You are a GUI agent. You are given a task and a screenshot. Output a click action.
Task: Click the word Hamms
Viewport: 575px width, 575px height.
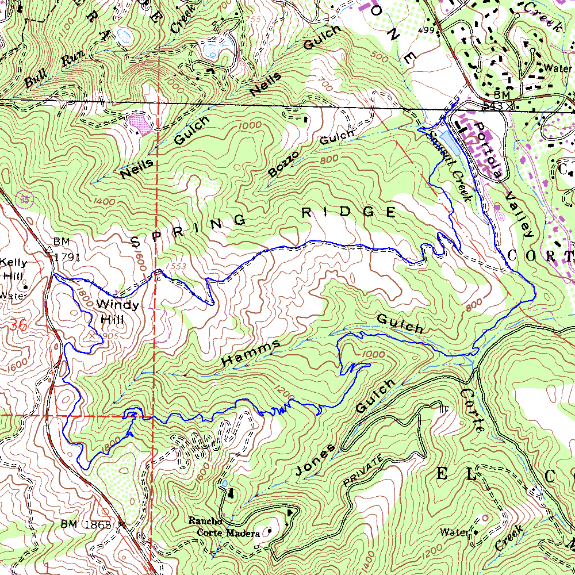pyautogui.click(x=251, y=353)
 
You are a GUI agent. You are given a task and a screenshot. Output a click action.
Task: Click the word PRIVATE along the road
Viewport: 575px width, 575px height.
pyautogui.click(x=363, y=470)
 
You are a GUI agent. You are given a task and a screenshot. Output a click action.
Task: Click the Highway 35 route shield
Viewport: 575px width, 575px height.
pyautogui.click(x=25, y=199)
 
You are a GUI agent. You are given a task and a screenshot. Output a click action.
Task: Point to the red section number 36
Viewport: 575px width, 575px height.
pyautogui.click(x=17, y=325)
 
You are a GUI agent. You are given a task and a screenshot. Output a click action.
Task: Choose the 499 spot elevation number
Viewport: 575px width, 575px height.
pyautogui.click(x=426, y=30)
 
